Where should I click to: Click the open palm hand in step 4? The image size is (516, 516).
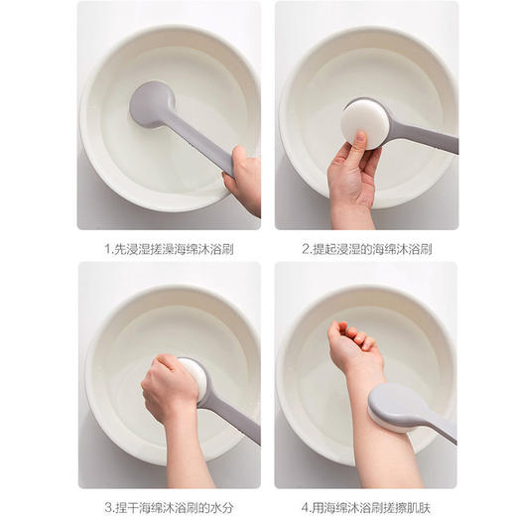coord(352,341)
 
